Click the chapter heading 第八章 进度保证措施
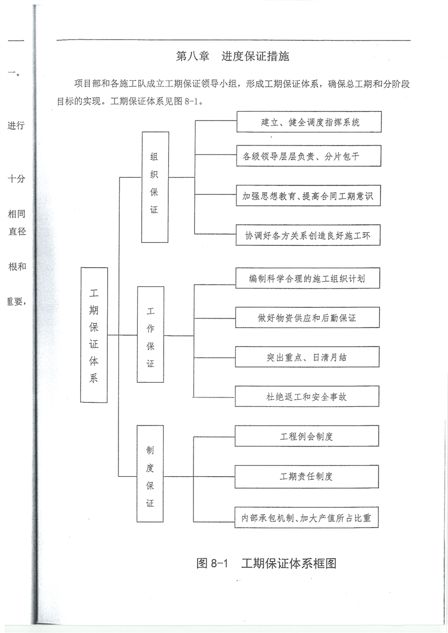(x=232, y=57)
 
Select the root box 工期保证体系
(x=94, y=335)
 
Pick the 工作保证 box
(x=151, y=335)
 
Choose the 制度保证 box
(x=150, y=475)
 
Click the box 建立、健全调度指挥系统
(x=310, y=122)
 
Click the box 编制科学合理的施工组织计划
(x=308, y=278)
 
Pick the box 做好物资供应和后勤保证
(x=308, y=318)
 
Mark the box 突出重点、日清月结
(x=308, y=357)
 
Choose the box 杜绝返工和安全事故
(x=308, y=397)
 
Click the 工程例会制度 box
(x=307, y=436)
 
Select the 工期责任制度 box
(x=307, y=476)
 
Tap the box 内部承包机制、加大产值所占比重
(x=307, y=517)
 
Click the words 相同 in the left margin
(x=16, y=215)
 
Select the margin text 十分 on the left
(x=16, y=179)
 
